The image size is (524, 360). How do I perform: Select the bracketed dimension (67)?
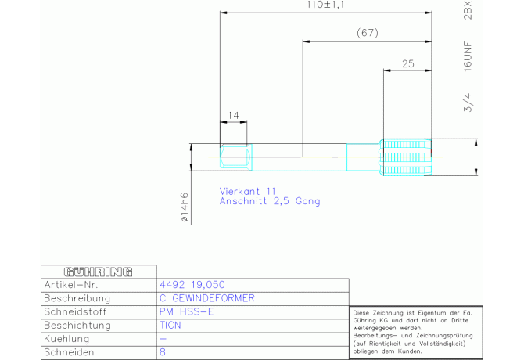(x=366, y=33)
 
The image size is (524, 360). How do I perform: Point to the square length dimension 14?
(x=233, y=116)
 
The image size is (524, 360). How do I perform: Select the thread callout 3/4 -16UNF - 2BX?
(x=468, y=59)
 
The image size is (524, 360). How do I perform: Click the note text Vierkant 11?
(x=249, y=191)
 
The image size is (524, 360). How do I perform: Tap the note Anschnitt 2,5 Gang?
(x=270, y=201)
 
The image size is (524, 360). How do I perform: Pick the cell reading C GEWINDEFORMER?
(x=206, y=298)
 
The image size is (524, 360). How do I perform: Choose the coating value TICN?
(x=170, y=325)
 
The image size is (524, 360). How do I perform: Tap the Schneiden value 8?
(x=162, y=352)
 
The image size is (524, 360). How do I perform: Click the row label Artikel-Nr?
(x=70, y=285)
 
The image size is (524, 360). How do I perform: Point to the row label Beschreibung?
(x=77, y=298)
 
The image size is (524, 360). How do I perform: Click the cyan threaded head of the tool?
(x=405, y=157)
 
